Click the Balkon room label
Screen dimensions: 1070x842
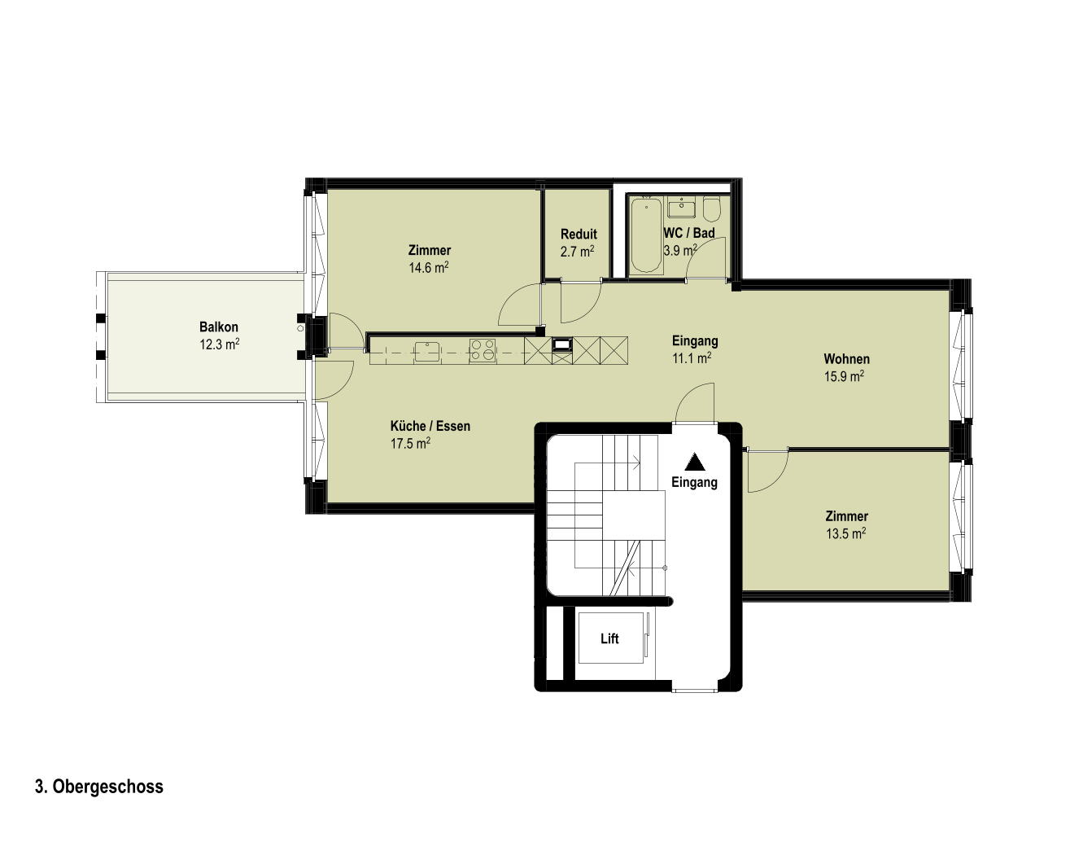219,327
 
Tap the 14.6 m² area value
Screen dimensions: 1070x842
429,268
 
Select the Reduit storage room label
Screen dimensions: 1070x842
579,234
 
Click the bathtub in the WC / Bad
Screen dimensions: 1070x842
646,235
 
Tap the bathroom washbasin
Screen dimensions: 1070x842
682,208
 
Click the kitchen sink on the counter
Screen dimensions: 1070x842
428,350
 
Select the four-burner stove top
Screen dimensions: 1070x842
483,351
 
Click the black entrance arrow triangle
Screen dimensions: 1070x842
695,462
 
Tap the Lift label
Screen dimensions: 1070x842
609,638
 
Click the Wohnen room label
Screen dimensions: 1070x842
846,359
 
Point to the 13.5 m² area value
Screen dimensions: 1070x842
845,534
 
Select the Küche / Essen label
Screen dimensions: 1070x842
430,426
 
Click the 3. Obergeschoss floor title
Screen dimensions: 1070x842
99,787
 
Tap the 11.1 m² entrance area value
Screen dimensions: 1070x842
692,357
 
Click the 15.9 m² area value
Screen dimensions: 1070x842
844,376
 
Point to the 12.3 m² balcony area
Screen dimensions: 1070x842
219,344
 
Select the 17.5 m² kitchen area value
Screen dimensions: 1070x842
410,443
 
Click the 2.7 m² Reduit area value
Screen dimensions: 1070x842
577,252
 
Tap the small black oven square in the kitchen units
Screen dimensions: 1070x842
562,344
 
